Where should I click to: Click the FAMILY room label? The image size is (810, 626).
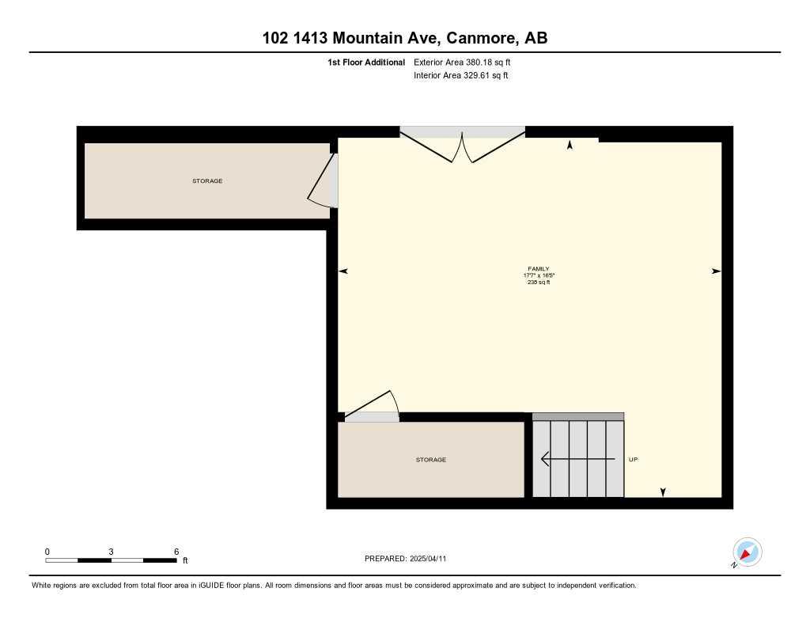tap(538, 268)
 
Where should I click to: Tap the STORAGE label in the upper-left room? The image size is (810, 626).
tap(207, 181)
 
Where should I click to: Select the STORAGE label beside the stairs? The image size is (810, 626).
tap(431, 460)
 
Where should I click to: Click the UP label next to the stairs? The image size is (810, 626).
tap(633, 460)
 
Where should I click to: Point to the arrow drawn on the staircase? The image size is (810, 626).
tap(577, 459)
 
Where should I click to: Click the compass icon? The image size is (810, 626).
tap(747, 552)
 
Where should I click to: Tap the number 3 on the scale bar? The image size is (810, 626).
tap(112, 552)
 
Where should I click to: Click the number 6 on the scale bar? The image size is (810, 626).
tap(176, 552)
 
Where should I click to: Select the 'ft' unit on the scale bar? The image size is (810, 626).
tap(185, 561)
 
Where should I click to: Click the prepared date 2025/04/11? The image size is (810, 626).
tap(433, 559)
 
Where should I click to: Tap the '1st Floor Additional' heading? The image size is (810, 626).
tap(366, 62)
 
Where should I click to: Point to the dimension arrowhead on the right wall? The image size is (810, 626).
tap(716, 271)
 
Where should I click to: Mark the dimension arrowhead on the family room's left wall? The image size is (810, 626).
tap(343, 271)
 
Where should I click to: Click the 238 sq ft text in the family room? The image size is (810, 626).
tap(538, 282)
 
